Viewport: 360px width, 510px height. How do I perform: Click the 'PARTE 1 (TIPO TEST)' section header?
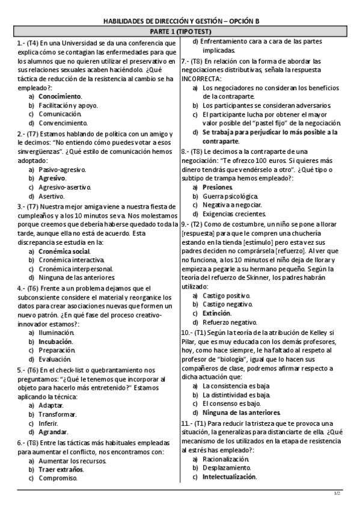(179, 31)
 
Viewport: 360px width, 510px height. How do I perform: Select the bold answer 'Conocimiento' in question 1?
(60, 96)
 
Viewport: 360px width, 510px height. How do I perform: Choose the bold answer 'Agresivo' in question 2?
(52, 179)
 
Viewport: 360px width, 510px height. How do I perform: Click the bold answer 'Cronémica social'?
(64, 251)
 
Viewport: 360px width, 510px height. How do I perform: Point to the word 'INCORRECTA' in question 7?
(203, 79)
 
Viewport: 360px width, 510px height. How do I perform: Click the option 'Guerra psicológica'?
(231, 196)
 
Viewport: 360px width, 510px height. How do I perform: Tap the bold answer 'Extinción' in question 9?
(217, 313)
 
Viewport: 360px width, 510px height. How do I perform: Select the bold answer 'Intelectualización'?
(230, 477)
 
